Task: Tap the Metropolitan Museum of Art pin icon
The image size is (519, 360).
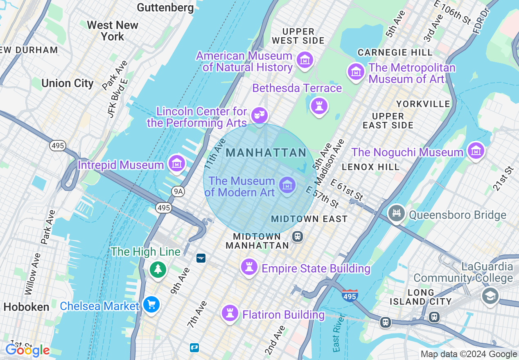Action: pos(356,72)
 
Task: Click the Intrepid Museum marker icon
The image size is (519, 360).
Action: pos(176,164)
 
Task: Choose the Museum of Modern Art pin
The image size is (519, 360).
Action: pos(287,185)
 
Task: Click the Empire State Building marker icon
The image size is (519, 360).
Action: pos(249,267)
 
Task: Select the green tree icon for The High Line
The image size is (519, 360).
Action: pos(158,269)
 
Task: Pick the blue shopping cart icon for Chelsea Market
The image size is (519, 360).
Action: pos(151,305)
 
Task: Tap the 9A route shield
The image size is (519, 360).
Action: pos(178,191)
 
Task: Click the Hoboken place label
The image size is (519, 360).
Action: pos(26,307)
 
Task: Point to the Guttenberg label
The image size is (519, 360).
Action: pos(165,7)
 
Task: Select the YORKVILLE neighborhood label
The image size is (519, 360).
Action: pos(423,104)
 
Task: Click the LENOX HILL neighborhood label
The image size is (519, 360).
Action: pos(370,167)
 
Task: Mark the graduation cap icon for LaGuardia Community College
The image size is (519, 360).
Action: pos(490,296)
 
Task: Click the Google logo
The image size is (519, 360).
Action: pos(27,350)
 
